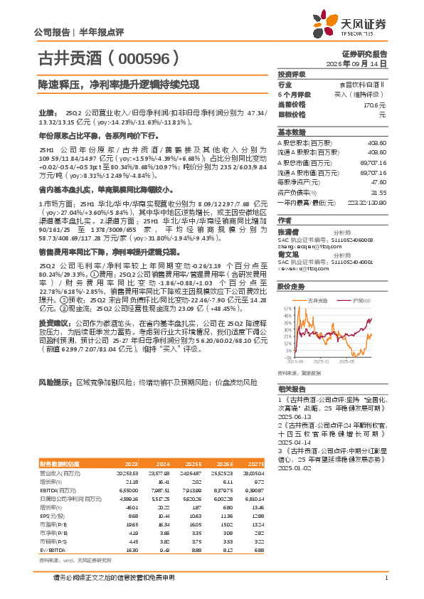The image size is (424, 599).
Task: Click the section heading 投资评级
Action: (291, 73)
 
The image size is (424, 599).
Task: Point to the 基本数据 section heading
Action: (291, 132)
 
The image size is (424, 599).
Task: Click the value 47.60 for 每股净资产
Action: (378, 181)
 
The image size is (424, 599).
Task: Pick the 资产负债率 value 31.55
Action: (378, 191)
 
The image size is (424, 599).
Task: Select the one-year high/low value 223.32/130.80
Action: (371, 201)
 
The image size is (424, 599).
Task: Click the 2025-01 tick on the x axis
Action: (324, 362)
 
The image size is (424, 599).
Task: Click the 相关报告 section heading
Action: (291, 388)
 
